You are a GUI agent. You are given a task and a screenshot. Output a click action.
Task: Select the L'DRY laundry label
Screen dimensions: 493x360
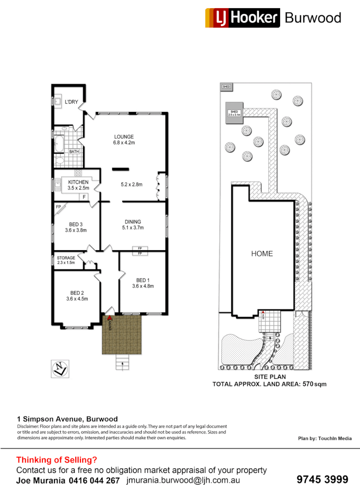point(71,101)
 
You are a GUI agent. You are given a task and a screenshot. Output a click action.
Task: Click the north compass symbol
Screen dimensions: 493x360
point(60,367)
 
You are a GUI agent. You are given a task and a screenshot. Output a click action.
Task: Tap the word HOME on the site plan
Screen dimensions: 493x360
point(262,254)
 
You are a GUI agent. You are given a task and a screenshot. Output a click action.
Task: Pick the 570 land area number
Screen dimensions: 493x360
point(308,384)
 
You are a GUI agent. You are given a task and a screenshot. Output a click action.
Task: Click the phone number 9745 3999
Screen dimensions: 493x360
point(322,479)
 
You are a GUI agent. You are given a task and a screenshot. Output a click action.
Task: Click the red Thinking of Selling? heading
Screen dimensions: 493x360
point(57,460)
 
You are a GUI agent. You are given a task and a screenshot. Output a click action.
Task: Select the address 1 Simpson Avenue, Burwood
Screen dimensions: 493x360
point(67,419)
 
